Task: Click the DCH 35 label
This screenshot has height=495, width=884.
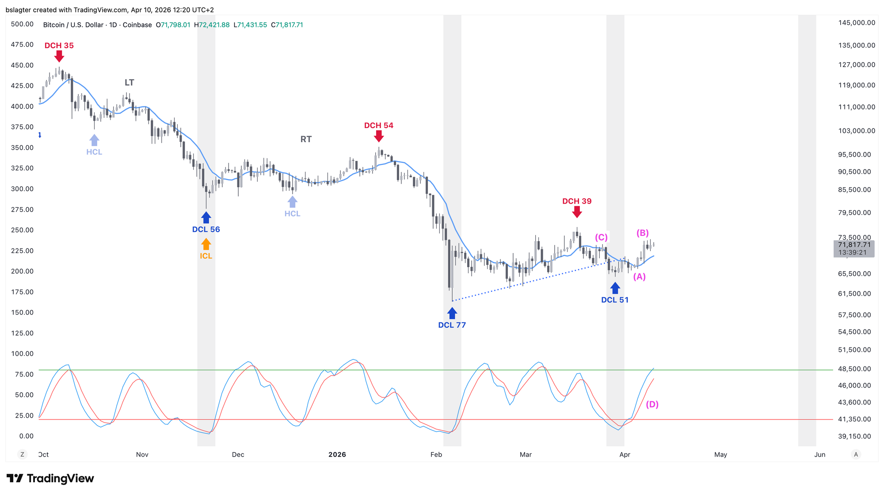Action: (x=59, y=45)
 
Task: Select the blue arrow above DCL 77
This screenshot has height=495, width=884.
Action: (x=452, y=313)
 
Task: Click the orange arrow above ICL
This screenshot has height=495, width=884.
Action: (x=206, y=244)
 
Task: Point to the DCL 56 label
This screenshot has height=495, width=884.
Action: (x=206, y=229)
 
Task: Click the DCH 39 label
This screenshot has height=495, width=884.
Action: (x=577, y=201)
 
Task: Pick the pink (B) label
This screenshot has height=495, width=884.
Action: (x=642, y=233)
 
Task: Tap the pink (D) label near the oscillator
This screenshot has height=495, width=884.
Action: (x=652, y=404)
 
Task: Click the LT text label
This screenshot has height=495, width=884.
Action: (x=129, y=83)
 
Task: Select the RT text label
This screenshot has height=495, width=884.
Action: (x=306, y=139)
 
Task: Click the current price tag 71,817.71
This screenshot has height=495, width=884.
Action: (x=854, y=245)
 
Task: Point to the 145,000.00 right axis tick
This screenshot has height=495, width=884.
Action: (x=857, y=23)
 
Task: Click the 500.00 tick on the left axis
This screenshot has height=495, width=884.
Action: (x=22, y=24)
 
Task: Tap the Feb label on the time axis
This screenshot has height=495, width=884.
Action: (x=436, y=454)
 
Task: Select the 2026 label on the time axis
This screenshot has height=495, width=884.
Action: (x=337, y=454)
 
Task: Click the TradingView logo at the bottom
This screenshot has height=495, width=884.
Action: (x=50, y=478)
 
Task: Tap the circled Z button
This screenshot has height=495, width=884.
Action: (x=22, y=454)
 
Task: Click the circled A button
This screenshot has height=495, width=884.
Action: (x=856, y=454)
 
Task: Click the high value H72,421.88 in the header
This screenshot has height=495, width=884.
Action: (x=212, y=25)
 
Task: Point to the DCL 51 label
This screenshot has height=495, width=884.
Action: (x=614, y=300)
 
